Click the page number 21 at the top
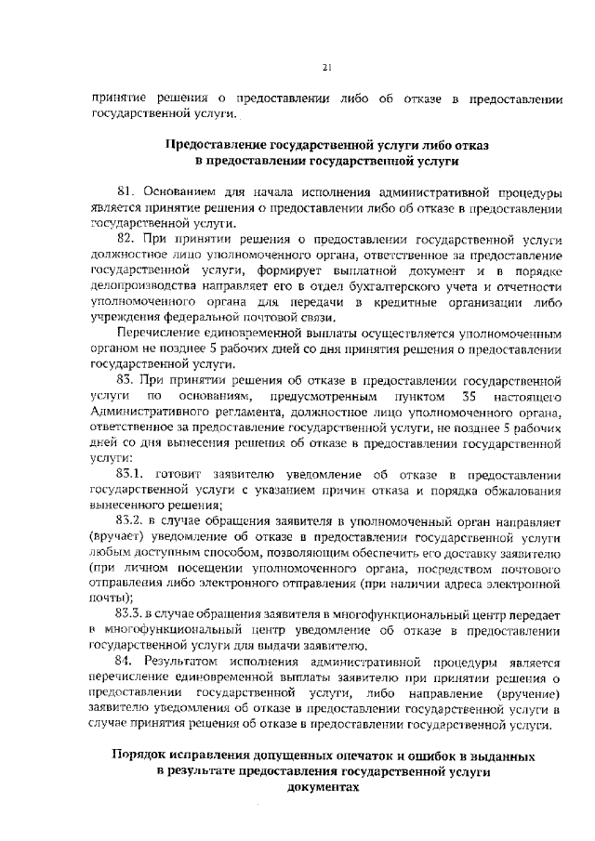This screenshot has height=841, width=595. tap(327, 66)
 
